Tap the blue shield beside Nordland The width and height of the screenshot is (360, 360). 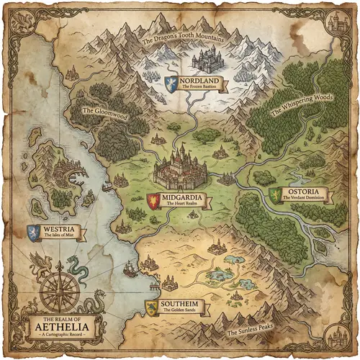171,82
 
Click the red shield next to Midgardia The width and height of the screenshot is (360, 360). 153,200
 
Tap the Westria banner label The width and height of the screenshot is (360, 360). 62,233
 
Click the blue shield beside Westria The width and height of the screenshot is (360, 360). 32,233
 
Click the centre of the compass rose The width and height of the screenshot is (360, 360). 59,292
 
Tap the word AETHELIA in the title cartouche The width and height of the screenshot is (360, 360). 59,327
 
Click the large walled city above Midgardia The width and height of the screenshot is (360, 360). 180,169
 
